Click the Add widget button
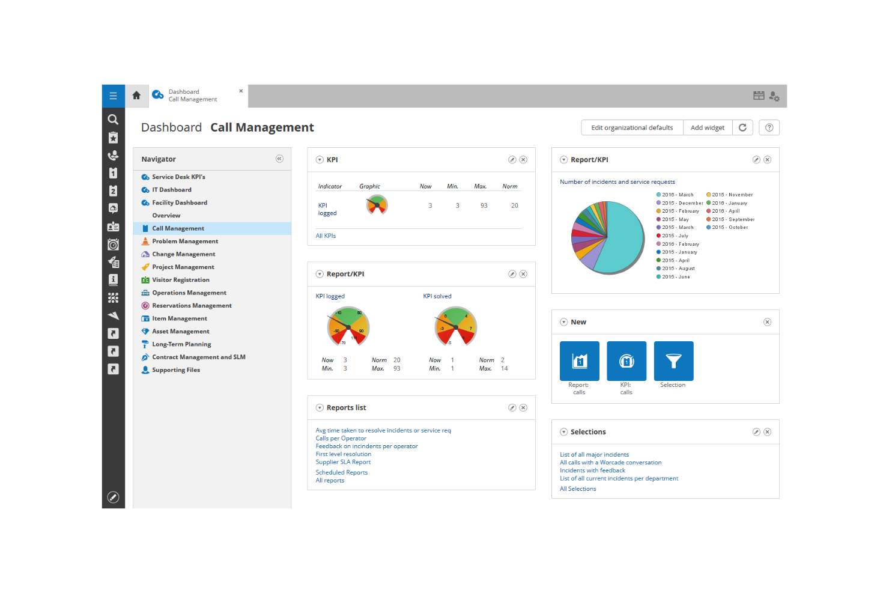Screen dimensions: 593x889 pos(707,127)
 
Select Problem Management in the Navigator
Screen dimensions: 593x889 pos(184,242)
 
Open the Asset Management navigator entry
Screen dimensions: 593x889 pos(180,332)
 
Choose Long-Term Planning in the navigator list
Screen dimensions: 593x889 pos(181,344)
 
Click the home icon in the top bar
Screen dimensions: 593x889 pos(136,96)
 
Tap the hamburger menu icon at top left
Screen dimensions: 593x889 pos(113,96)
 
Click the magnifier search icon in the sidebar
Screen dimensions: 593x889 pos(113,120)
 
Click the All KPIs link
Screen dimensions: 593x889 pos(326,236)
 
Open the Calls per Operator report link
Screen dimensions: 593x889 pos(341,439)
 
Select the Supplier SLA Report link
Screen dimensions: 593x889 pos(343,462)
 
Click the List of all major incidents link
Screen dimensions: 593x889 pos(594,455)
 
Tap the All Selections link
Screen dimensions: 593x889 pos(578,489)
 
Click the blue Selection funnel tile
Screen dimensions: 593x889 pos(673,361)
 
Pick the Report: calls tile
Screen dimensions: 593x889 pos(579,361)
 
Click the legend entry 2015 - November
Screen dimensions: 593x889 pos(732,195)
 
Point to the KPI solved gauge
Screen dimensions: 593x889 pos(455,327)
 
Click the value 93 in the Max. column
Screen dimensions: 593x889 pos(484,205)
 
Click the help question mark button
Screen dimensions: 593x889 pos(769,127)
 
